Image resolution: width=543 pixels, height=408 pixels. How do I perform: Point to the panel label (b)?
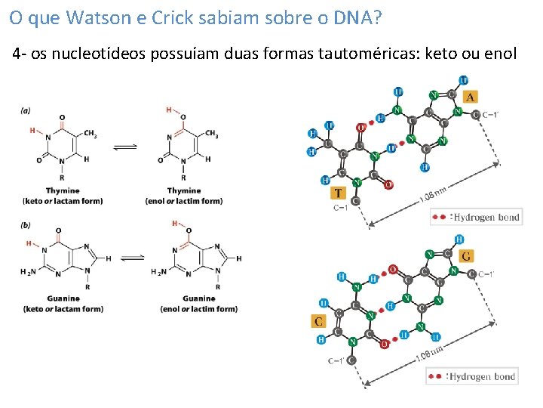26,224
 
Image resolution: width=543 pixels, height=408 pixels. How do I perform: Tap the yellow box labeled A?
470,97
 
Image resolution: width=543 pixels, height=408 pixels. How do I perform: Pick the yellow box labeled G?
467,256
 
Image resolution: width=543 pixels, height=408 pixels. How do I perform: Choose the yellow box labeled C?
319,322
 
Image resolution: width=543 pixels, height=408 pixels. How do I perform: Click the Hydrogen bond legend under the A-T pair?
476,218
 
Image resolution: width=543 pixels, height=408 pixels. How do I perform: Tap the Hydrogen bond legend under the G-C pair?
472,376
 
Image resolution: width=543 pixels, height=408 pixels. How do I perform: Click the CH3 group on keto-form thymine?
90,134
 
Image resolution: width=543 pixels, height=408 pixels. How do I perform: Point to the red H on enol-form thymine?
169,110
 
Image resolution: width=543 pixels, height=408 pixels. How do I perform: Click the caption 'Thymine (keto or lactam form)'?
63,196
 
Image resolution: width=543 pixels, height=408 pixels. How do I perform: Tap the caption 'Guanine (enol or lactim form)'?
198,304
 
